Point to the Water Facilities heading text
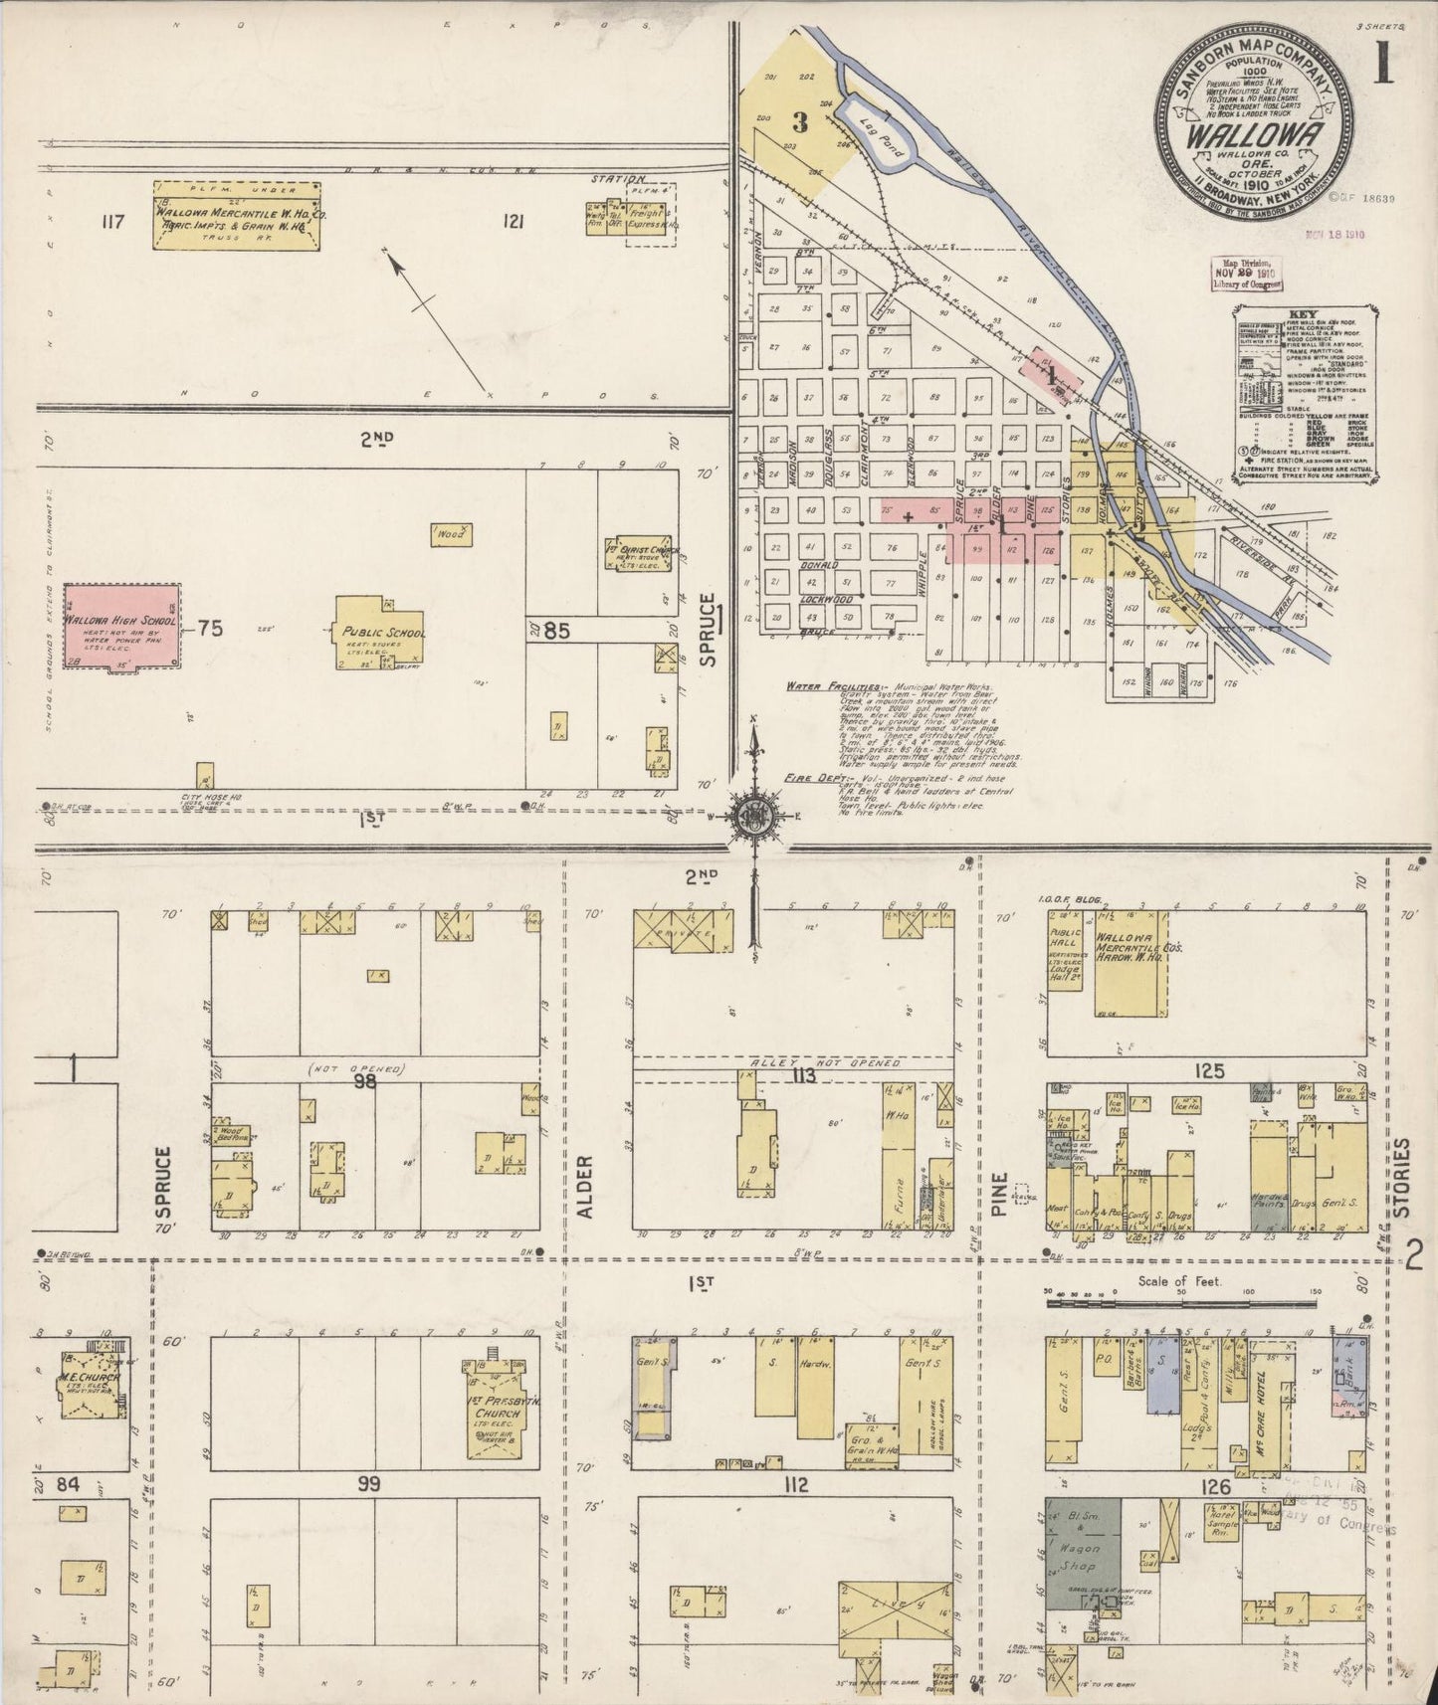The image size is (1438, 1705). pos(831,686)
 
